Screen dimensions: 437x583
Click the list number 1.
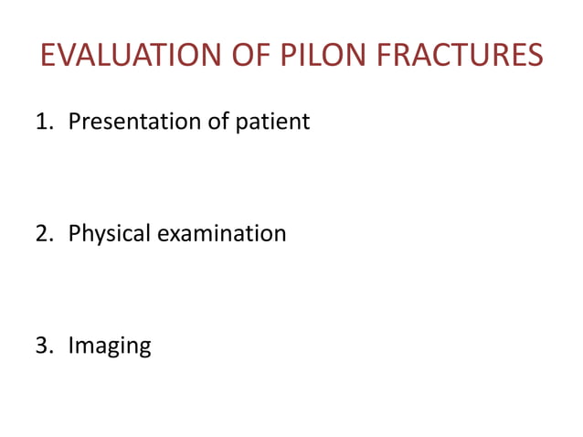[42, 121]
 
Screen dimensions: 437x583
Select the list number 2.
[42, 233]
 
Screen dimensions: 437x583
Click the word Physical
[110, 234]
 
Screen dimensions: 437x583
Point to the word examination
[222, 233]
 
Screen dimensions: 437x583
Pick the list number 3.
[42, 346]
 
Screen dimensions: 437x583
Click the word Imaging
[110, 346]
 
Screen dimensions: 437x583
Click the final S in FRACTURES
[534, 56]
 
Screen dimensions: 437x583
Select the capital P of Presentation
[75, 121]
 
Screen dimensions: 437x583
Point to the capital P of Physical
[75, 233]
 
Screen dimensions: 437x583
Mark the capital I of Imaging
[71, 346]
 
